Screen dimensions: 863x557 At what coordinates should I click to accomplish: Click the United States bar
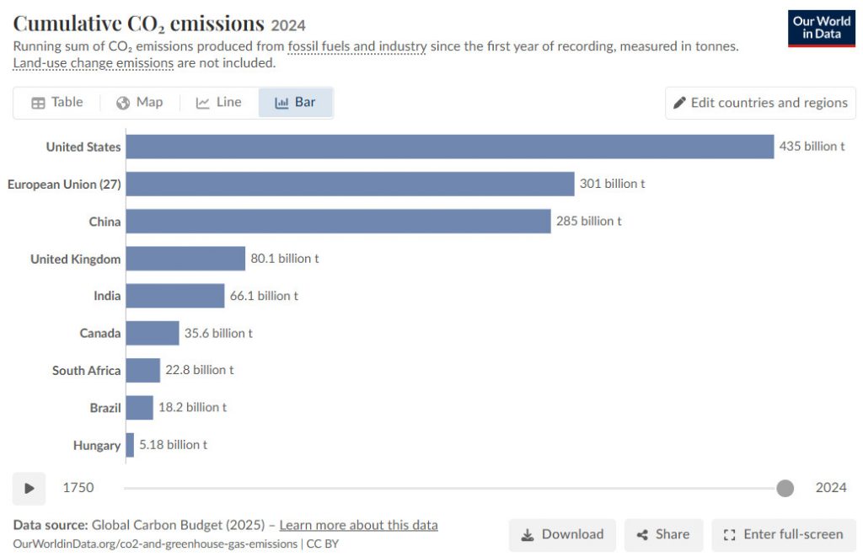coord(450,147)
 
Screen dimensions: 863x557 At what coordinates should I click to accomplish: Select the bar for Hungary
coord(130,445)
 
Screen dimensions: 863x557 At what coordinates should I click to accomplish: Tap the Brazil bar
coord(139,407)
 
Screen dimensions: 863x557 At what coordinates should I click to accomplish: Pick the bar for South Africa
coord(143,370)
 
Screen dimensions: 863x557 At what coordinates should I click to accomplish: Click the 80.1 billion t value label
coord(285,259)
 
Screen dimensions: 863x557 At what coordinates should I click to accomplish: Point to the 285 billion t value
coord(588,222)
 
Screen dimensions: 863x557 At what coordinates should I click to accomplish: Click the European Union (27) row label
coord(64,185)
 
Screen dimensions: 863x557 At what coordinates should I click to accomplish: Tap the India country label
coord(107,296)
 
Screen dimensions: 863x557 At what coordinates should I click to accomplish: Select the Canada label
coord(99,334)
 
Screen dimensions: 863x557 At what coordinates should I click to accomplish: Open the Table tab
coord(57,102)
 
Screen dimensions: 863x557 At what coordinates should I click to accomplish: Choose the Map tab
coord(140,102)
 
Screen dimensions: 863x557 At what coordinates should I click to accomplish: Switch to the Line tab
coord(218,102)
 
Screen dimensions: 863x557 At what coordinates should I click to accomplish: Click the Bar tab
coord(296,102)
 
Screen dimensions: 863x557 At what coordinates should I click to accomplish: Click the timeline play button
coord(29,488)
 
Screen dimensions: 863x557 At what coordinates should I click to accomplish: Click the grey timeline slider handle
coord(785,488)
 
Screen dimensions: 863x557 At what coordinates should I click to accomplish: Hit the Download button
coord(562,534)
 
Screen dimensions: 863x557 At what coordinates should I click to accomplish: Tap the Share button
coord(663,534)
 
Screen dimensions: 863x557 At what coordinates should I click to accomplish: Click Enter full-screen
coord(783,534)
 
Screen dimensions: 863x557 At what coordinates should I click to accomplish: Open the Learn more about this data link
coord(358,525)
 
